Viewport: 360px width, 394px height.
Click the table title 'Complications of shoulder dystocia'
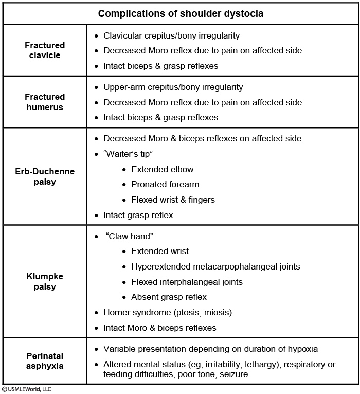[181, 14]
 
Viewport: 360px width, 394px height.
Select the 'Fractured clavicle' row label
[45, 50]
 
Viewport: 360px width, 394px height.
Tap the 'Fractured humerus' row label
[45, 102]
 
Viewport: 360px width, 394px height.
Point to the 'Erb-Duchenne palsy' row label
[45, 176]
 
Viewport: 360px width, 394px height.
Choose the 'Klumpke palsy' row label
[45, 281]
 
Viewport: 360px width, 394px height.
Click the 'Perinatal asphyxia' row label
[45, 361]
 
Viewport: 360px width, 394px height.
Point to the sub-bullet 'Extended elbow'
[162, 169]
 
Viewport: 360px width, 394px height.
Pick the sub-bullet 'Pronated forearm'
[165, 184]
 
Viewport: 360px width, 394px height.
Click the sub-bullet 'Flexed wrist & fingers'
[173, 200]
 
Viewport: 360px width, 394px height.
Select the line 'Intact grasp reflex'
[138, 215]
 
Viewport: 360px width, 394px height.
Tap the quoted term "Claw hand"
[130, 236]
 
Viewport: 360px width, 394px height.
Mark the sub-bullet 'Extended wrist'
[159, 252]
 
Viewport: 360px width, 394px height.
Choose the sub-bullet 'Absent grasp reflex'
[169, 297]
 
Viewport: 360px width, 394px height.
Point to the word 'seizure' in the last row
[233, 374]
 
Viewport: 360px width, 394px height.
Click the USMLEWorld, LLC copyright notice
[27, 389]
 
